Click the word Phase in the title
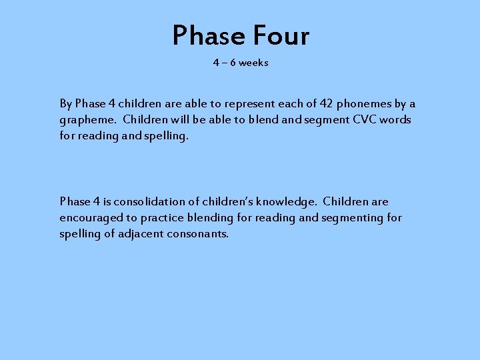(207, 35)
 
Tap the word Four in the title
(280, 35)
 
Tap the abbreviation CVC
(365, 120)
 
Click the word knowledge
(289, 201)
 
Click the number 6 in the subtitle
(233, 63)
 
